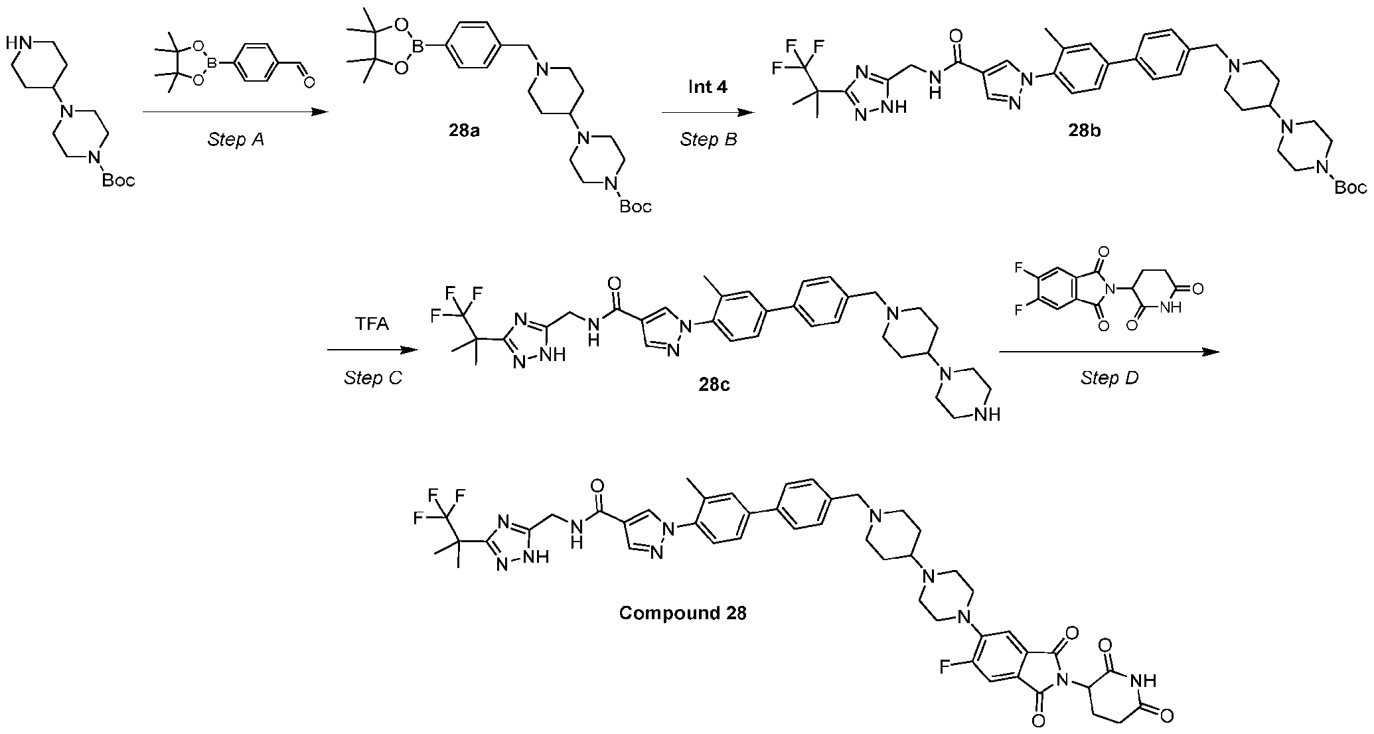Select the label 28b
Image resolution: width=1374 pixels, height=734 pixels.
tap(1084, 130)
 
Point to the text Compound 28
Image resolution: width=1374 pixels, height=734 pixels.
tap(683, 613)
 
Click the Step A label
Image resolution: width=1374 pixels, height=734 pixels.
tap(236, 140)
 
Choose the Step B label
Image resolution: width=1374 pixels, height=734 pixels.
tap(709, 140)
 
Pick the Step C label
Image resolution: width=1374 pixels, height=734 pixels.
tap(373, 378)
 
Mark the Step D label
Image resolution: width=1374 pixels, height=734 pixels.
tap(1110, 378)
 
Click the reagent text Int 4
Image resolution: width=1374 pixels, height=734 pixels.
tap(708, 87)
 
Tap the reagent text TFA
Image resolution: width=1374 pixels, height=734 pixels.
tap(372, 325)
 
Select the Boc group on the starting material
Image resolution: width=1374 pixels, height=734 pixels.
tap(118, 180)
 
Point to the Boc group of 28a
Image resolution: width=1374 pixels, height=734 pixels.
tap(635, 207)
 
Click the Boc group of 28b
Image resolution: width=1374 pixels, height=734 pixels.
tap(1350, 187)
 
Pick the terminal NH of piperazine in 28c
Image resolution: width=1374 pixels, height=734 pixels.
tap(986, 415)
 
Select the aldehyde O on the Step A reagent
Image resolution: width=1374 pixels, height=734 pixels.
tap(309, 82)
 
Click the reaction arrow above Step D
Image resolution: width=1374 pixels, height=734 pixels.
tap(1109, 352)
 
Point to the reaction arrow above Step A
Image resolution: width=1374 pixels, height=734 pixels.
tap(236, 113)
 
